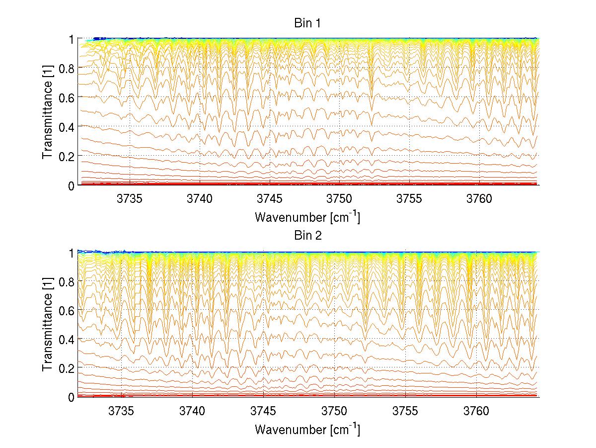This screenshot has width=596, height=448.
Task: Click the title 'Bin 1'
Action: (x=307, y=23)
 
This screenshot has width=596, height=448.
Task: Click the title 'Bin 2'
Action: (x=307, y=236)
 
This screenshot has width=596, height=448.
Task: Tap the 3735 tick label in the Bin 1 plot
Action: (x=130, y=199)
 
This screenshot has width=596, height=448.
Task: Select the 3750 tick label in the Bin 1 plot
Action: (x=339, y=199)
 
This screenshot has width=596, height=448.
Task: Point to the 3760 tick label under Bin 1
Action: (x=479, y=199)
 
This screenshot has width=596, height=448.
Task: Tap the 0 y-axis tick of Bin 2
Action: (x=71, y=397)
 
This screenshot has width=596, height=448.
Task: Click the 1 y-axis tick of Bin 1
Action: (x=71, y=39)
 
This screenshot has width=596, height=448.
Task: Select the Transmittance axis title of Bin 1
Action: (x=48, y=111)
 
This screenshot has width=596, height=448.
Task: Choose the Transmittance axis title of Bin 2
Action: (x=48, y=324)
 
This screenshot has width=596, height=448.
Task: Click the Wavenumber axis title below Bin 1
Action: (x=307, y=217)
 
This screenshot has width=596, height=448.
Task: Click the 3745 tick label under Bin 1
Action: (x=270, y=199)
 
